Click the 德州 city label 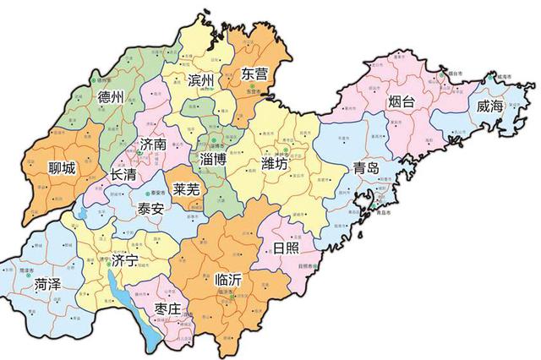click(111, 96)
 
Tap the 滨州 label click(202, 81)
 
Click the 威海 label click(490, 107)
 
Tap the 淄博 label click(210, 159)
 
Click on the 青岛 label click(366, 167)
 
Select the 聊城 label click(63, 168)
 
